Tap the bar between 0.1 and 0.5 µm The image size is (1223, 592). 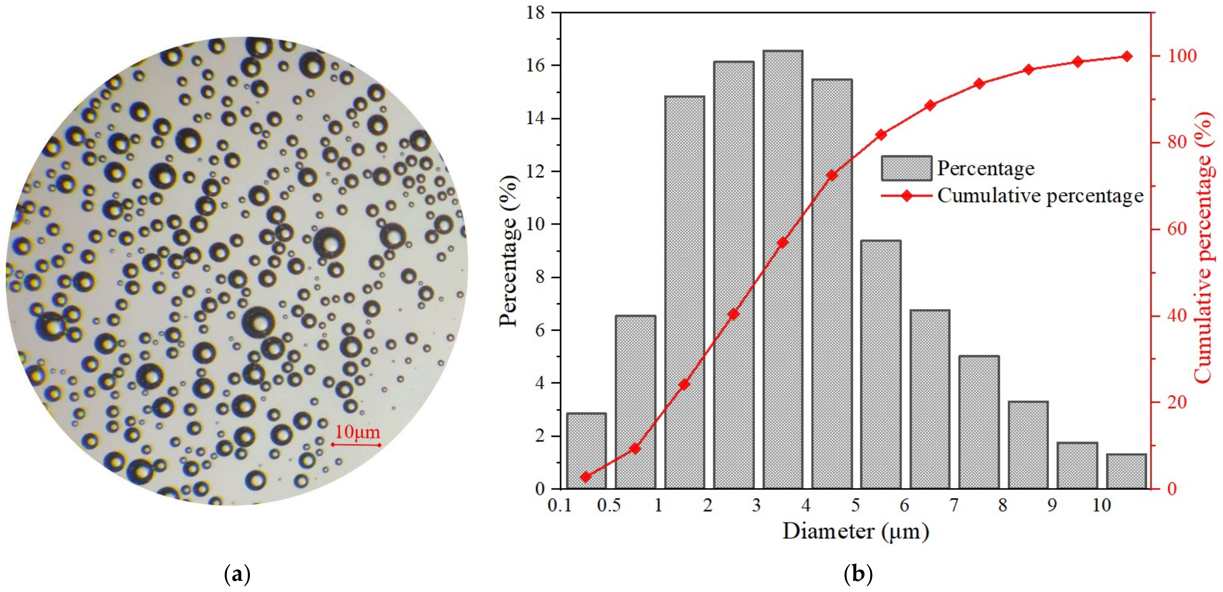[x=586, y=451]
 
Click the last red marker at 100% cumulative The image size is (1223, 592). [x=1127, y=57]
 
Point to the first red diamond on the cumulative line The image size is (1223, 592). [x=586, y=477]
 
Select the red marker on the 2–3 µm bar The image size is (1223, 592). [x=734, y=314]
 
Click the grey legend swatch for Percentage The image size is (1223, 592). [x=906, y=168]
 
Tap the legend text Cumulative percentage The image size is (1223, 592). [x=1040, y=196]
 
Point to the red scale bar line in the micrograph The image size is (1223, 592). [x=356, y=445]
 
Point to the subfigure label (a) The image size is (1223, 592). [x=236, y=575]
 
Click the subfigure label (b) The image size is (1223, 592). [x=858, y=575]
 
